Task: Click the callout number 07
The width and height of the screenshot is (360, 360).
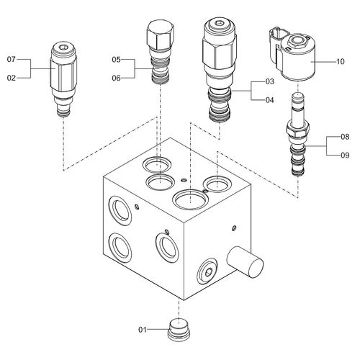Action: pyautogui.click(x=12, y=59)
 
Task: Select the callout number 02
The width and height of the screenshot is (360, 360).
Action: pyautogui.click(x=12, y=78)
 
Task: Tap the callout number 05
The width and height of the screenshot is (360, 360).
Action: pyautogui.click(x=116, y=60)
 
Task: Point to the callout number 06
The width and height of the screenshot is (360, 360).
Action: pyautogui.click(x=116, y=78)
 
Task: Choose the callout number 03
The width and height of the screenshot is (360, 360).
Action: pyautogui.click(x=269, y=81)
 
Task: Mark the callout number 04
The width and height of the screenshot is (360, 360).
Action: pyautogui.click(x=269, y=100)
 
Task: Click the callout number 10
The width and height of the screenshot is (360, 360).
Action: pyautogui.click(x=340, y=62)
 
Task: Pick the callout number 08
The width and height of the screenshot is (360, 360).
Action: pyautogui.click(x=345, y=137)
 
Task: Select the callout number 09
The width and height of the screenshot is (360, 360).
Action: pyautogui.click(x=345, y=156)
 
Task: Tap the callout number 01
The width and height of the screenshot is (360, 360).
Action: pyautogui.click(x=143, y=330)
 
